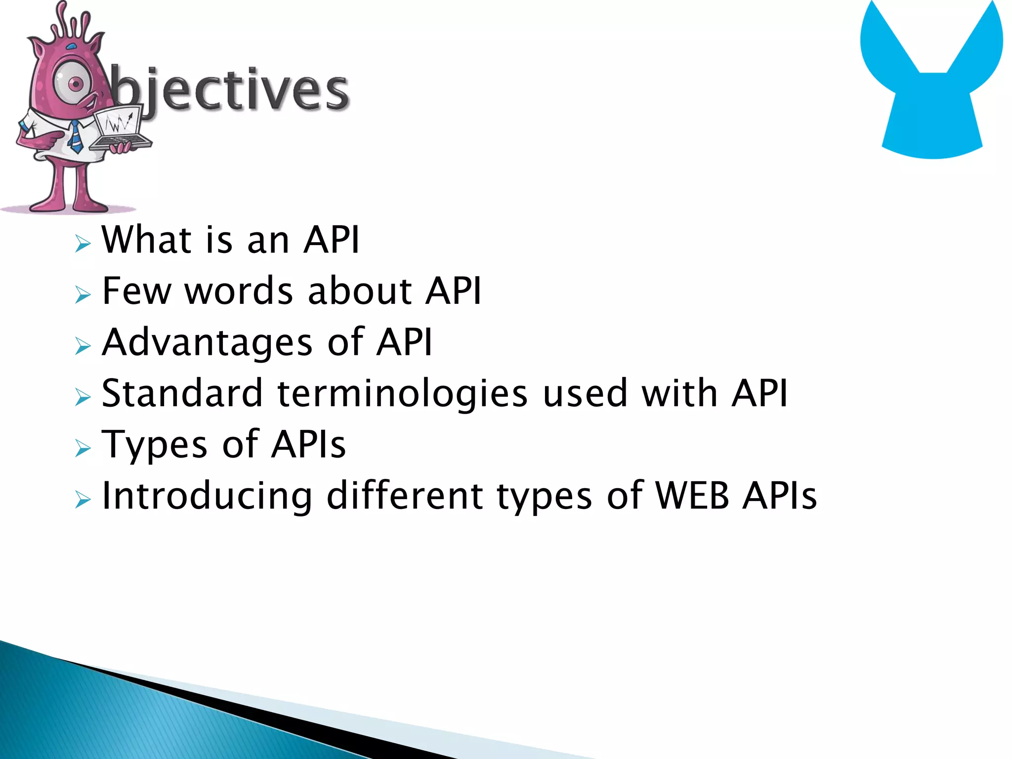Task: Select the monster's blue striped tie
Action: coord(75,136)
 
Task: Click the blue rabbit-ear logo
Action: coord(932,84)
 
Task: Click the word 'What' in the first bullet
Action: coord(146,240)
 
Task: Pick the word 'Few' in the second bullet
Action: coord(136,291)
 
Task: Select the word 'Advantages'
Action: coord(207,342)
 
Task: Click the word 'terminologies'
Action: coord(402,394)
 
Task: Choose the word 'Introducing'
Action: coord(207,496)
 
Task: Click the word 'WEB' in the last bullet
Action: coord(692,496)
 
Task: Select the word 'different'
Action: coord(405,496)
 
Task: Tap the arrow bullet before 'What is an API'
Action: coord(83,244)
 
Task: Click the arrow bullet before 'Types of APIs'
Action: coord(83,448)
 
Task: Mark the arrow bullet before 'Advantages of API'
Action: coord(83,346)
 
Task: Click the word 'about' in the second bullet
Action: coord(359,291)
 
